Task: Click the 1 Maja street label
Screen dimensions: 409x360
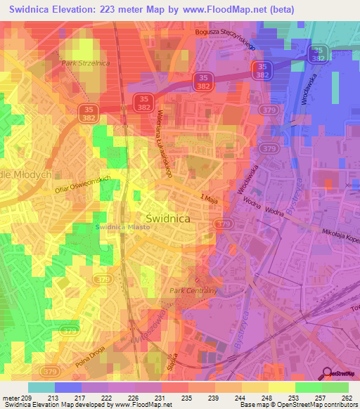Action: click(x=210, y=200)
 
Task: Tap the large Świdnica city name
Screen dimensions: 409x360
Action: click(x=167, y=219)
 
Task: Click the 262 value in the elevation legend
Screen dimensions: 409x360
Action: click(x=347, y=398)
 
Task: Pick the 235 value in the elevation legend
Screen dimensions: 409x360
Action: click(x=187, y=398)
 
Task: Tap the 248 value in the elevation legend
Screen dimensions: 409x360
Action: click(x=267, y=398)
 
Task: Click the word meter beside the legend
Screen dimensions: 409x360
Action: click(x=10, y=398)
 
